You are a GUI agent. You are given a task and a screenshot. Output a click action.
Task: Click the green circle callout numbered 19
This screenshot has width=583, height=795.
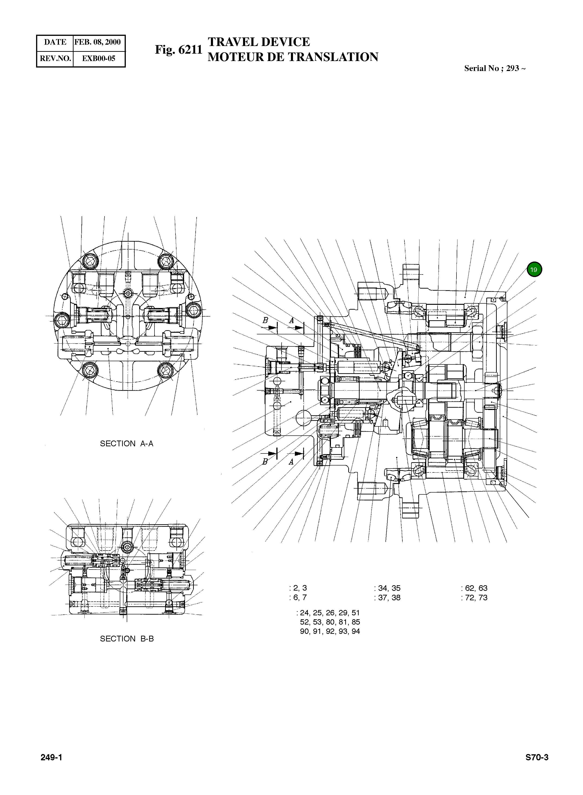click(534, 270)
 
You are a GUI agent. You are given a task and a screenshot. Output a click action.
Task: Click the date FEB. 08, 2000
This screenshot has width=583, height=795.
click(98, 42)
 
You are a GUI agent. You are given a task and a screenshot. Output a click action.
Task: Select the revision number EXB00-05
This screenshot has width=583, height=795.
click(99, 59)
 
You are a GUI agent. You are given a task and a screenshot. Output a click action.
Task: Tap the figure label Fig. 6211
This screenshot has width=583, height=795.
click(178, 50)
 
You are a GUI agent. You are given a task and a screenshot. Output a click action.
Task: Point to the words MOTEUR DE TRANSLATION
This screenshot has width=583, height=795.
click(293, 57)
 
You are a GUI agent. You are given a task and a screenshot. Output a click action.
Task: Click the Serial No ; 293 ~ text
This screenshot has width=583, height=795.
click(495, 68)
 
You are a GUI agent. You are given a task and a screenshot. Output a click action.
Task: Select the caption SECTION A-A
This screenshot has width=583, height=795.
click(127, 444)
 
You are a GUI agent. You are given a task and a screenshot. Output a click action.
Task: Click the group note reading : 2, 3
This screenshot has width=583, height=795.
click(298, 588)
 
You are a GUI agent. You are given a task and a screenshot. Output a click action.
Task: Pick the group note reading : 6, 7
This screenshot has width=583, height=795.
click(298, 597)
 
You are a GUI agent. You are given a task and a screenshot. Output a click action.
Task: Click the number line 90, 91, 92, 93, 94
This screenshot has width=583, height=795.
click(330, 631)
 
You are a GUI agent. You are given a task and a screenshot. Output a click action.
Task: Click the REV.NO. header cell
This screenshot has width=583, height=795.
click(55, 59)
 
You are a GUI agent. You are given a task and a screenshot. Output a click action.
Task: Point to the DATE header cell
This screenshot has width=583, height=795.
click(55, 42)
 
